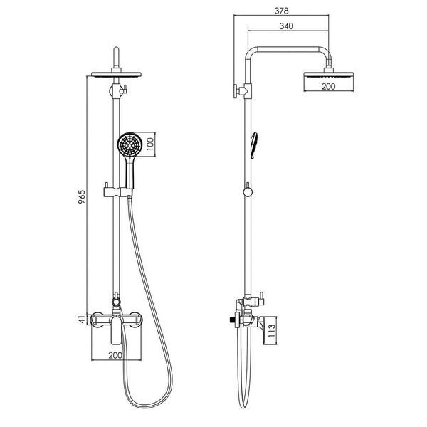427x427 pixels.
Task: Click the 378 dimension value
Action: [x=281, y=11]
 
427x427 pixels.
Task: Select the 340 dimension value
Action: [x=286, y=26]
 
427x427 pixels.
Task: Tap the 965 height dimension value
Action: [x=82, y=197]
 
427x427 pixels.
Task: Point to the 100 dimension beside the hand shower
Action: [x=150, y=144]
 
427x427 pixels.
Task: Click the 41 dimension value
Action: [x=82, y=319]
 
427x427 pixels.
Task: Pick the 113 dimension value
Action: [x=272, y=331]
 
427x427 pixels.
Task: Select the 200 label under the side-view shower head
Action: [x=328, y=86]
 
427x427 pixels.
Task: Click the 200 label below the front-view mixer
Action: [x=115, y=355]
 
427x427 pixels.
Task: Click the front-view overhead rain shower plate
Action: [x=116, y=75]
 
